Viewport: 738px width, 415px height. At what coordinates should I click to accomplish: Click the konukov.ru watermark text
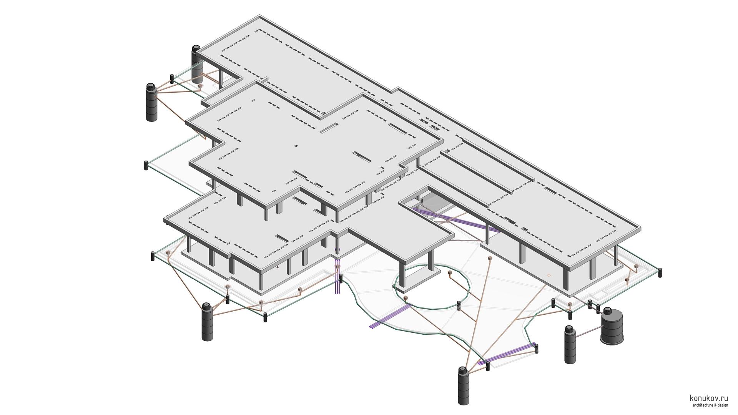(709, 398)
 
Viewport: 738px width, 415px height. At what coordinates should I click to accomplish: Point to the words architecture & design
(710, 405)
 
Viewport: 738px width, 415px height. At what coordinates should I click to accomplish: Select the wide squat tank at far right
(612, 326)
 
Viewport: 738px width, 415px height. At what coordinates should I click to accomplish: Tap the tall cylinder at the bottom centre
(464, 385)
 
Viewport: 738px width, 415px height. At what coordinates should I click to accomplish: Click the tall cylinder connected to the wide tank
(570, 344)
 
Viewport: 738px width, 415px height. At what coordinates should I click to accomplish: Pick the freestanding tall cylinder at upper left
(151, 102)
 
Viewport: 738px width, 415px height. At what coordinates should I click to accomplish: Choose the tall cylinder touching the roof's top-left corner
(196, 64)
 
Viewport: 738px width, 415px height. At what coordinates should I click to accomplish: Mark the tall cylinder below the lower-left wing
(207, 322)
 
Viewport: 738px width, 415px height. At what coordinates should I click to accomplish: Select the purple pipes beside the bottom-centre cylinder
(507, 354)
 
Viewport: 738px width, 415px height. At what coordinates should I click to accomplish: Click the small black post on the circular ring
(459, 305)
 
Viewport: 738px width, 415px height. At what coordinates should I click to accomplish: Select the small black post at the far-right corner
(660, 272)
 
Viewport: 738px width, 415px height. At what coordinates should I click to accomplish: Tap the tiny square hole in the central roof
(296, 146)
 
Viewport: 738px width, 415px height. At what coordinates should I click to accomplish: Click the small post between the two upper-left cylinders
(172, 79)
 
